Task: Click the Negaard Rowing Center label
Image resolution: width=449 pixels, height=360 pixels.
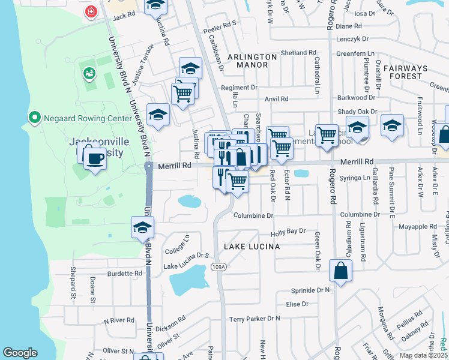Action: point(87,118)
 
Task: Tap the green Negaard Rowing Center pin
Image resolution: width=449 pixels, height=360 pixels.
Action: point(34,118)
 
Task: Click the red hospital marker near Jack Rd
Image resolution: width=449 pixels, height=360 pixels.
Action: point(91,11)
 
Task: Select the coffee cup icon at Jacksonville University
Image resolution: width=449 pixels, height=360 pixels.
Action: point(94,159)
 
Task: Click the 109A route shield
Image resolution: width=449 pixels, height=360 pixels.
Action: point(219,267)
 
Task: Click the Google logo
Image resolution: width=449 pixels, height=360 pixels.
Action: point(20,353)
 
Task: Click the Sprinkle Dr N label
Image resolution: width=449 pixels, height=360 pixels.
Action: point(310,290)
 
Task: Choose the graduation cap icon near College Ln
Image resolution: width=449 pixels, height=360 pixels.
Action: point(142,228)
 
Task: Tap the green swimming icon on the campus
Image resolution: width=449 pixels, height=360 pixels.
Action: point(89,73)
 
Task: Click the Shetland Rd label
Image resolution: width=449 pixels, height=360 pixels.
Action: point(294,53)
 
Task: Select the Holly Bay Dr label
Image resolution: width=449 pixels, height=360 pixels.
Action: point(288,231)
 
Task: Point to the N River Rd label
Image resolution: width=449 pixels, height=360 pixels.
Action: point(119,320)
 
